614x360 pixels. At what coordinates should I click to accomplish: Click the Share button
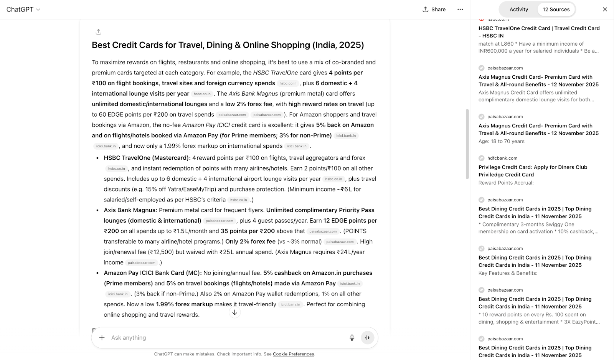[x=434, y=9]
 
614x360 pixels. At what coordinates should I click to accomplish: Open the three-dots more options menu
[x=460, y=9]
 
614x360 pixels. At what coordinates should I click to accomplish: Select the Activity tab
[x=518, y=9]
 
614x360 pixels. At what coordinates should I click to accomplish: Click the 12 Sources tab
[x=556, y=9]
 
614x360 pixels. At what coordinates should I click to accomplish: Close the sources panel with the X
[x=605, y=9]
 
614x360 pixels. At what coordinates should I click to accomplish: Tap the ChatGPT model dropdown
[x=23, y=9]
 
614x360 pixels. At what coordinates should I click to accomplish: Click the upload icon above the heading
[x=99, y=32]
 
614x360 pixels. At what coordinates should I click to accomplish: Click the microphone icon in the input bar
[x=352, y=338]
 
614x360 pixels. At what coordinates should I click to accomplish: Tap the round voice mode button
[x=367, y=338]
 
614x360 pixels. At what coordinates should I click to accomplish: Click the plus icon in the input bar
[x=102, y=338]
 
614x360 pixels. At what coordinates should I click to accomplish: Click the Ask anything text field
[x=223, y=338]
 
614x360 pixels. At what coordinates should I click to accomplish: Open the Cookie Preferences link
[x=293, y=354]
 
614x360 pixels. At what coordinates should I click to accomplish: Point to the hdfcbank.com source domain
[x=502, y=158]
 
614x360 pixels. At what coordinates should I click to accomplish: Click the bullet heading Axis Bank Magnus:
[x=130, y=210]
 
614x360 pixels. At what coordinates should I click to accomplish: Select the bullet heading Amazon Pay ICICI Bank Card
[x=152, y=273]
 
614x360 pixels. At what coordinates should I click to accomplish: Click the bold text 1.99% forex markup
[x=184, y=304]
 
